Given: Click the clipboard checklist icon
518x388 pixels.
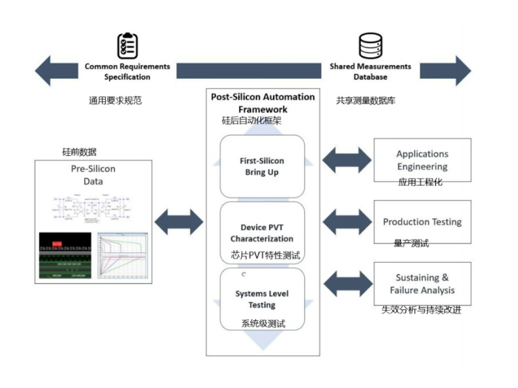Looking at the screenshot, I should [128, 45].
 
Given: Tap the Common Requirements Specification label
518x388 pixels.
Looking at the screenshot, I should [128, 72].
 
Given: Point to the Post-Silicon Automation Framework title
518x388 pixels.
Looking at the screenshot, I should [263, 103].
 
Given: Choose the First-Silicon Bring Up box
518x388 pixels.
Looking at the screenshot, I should [262, 166].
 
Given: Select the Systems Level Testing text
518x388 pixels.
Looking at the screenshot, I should [262, 299].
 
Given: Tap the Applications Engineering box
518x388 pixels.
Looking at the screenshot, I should [422, 160].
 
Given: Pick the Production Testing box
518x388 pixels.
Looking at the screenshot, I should [422, 222].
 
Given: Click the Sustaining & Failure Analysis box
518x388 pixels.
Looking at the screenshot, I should [422, 284].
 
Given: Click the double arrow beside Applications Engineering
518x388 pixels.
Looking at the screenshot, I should [347, 160].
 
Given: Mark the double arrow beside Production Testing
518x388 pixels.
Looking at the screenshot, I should [347, 222].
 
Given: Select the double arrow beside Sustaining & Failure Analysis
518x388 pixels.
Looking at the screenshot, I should [347, 284].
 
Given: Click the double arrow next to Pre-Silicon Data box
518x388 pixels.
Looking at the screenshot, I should [177, 222].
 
